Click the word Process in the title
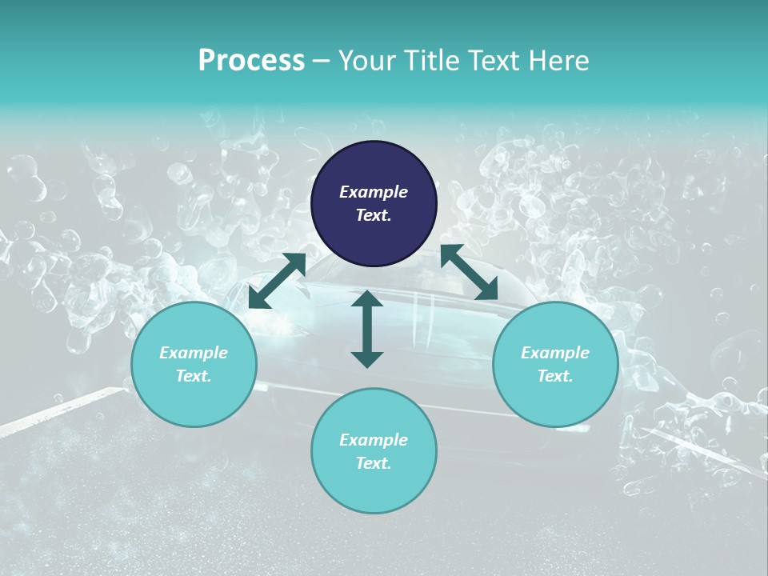(x=251, y=61)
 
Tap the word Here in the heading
(x=556, y=61)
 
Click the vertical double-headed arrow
(x=367, y=329)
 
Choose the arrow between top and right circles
(x=469, y=273)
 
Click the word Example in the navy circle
(x=374, y=192)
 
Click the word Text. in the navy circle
(x=374, y=215)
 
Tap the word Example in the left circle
(x=194, y=353)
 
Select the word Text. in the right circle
(x=555, y=376)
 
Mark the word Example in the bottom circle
(x=374, y=440)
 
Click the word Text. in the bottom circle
(x=374, y=463)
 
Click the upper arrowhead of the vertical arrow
(x=367, y=298)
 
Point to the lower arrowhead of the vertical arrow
(x=367, y=359)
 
